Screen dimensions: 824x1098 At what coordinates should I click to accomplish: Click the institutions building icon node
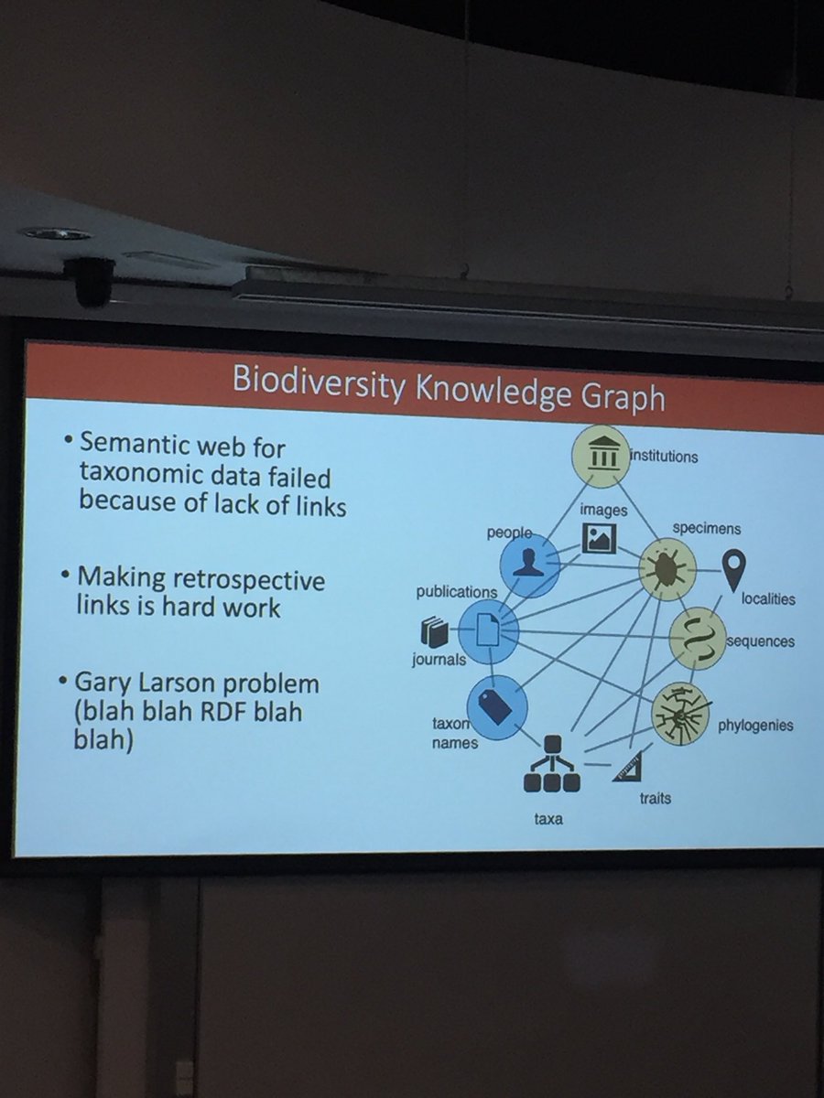click(x=601, y=455)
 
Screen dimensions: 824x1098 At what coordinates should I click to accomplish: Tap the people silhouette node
click(x=528, y=560)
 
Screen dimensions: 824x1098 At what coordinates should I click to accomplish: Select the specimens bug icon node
click(x=667, y=567)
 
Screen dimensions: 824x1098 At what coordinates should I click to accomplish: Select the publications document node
click(x=488, y=630)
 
